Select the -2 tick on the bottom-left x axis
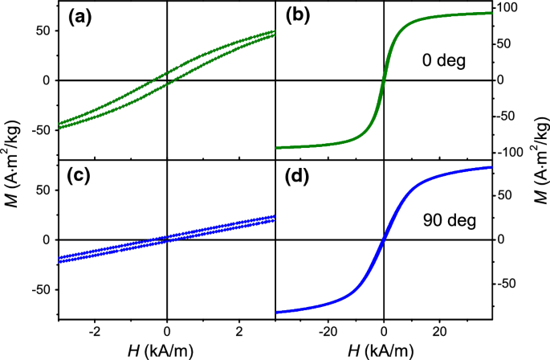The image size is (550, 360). point(94,331)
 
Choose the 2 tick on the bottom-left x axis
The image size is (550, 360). point(238,331)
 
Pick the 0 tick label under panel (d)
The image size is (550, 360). point(384,331)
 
